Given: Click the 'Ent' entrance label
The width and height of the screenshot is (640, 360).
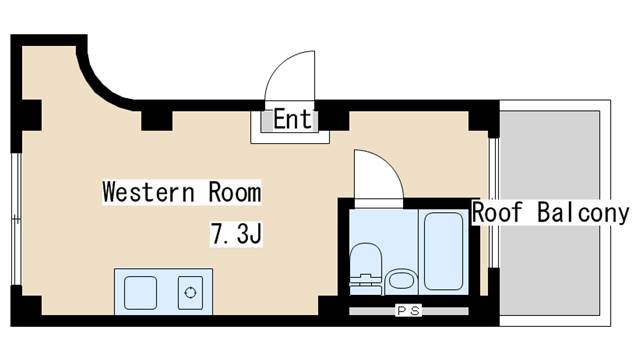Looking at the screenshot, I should click(x=292, y=121).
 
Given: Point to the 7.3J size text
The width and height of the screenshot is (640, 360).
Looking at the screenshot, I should click(x=235, y=236).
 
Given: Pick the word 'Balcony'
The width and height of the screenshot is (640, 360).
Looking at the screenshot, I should click(x=584, y=213).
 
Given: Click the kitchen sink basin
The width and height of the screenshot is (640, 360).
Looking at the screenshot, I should click(x=140, y=293).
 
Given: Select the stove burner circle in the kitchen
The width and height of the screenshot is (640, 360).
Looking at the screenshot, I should click(x=189, y=294).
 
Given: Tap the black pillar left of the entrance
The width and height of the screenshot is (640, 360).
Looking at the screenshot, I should click(x=156, y=119).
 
